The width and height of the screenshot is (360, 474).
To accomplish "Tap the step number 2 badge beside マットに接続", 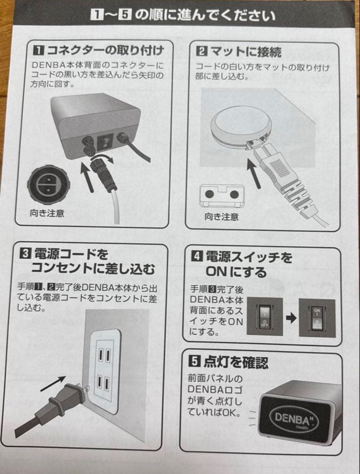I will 201,52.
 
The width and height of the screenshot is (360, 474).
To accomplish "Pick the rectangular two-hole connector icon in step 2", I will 222,195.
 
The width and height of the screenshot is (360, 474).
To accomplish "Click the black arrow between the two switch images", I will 290,318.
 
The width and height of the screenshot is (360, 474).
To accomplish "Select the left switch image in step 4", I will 265,317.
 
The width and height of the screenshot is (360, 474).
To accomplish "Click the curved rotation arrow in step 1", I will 104,158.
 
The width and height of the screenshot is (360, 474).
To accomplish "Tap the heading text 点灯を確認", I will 235,362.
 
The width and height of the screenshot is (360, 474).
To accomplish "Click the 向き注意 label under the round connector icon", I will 47,214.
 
